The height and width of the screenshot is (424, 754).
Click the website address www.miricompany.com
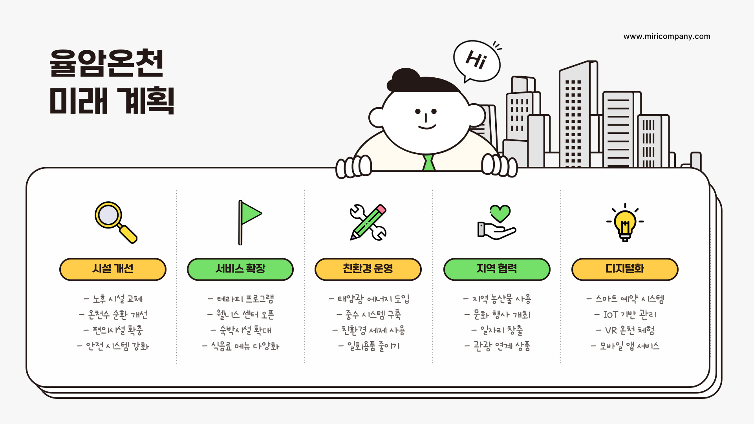666,37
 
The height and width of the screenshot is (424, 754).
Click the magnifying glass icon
115,222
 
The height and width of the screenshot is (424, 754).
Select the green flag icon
249,222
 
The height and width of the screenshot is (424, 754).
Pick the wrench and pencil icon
368,222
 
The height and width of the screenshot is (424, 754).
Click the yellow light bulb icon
625,223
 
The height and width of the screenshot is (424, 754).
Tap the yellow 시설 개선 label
113,269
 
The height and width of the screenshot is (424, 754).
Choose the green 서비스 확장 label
240,269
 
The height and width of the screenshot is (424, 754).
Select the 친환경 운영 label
368,269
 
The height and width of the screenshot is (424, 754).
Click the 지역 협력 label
497,269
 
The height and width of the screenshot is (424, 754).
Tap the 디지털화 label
625,269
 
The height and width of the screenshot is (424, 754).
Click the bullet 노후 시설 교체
113,299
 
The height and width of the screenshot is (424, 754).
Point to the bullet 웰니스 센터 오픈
241,315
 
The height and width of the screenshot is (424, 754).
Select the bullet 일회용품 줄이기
369,346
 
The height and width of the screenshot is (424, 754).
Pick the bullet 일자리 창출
497,331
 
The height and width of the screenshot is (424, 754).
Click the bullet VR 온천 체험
625,331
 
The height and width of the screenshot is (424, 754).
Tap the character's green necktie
428,163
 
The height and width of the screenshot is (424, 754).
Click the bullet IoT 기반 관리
625,315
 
